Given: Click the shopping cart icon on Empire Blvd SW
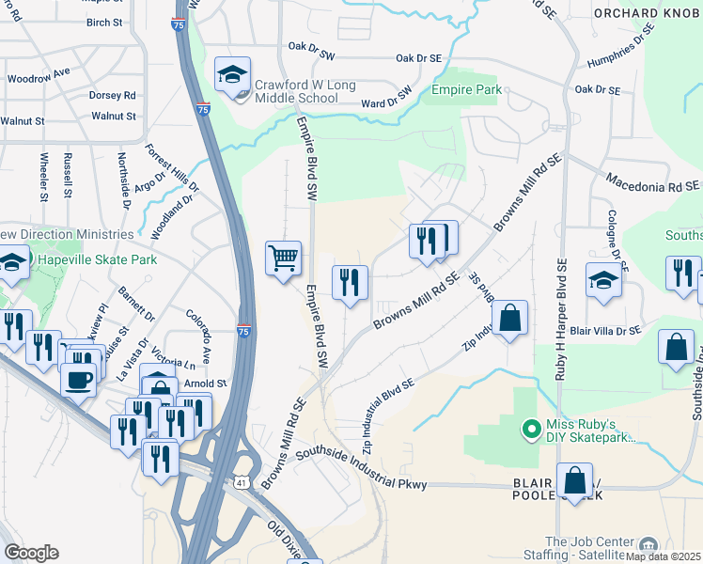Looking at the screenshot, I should [283, 257].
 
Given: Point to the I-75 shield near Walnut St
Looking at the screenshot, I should [203, 110].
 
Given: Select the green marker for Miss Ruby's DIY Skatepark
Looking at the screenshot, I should [529, 431].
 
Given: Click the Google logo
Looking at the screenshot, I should [31, 553].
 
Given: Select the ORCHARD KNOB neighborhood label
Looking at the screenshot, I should [648, 12].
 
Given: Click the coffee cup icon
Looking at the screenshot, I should [78, 379].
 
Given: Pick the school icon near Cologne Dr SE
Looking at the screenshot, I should [603, 279].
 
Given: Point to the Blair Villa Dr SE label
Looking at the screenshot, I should [604, 330].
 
